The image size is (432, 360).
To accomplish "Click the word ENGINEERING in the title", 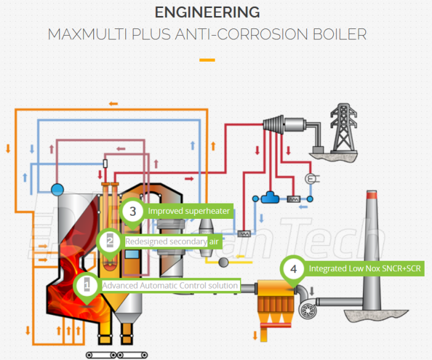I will click(207, 12).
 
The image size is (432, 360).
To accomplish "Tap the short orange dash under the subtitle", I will click(207, 60).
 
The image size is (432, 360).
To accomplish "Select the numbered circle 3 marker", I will click(132, 211).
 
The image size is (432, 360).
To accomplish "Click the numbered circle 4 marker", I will click(293, 269).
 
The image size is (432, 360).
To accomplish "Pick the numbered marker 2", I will click(110, 241).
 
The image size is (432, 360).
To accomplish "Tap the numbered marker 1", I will click(87, 285).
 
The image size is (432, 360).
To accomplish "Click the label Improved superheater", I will click(188, 211).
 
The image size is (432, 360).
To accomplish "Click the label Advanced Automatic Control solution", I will click(170, 285).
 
